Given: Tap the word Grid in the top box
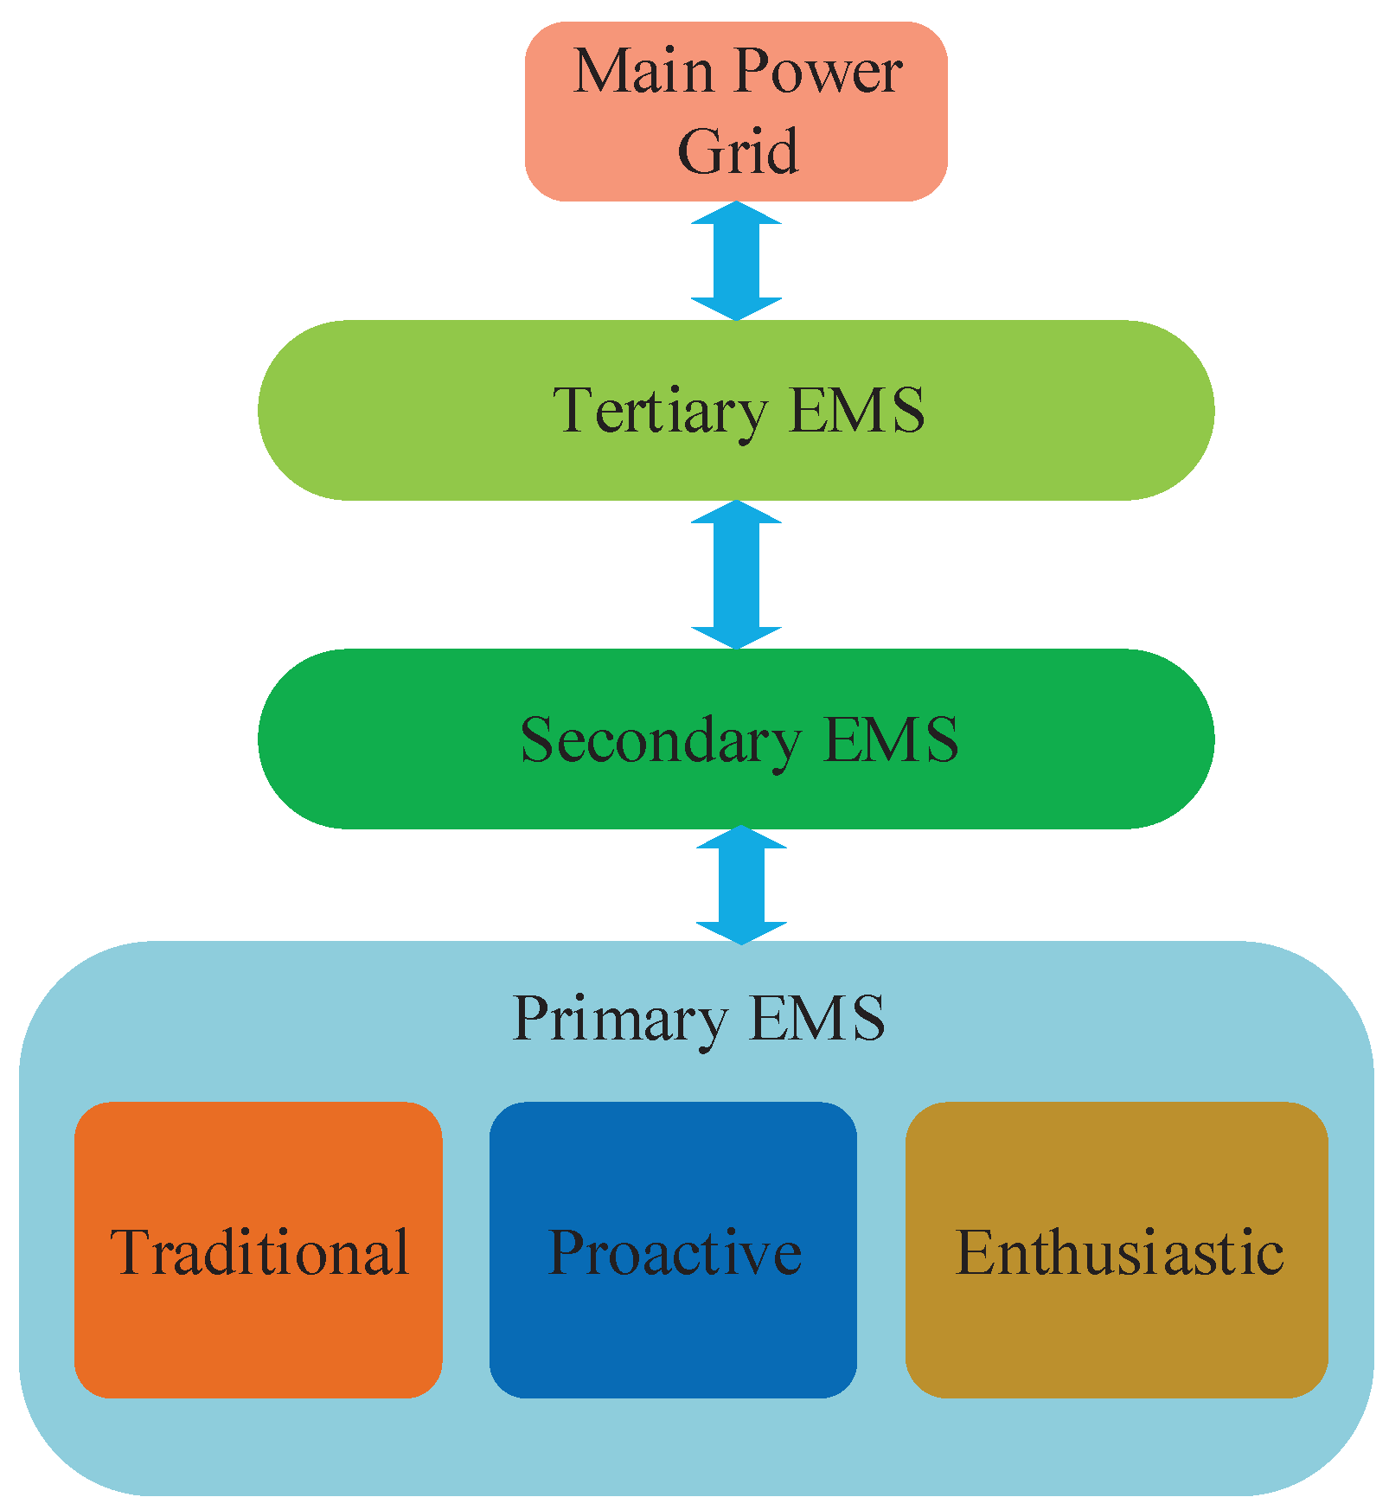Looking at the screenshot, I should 737,151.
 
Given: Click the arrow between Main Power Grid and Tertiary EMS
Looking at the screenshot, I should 736,261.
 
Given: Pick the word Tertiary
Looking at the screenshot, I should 659,411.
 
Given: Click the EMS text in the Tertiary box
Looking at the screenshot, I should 857,410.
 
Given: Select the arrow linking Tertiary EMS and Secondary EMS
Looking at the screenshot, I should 736,574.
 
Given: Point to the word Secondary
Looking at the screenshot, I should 660,740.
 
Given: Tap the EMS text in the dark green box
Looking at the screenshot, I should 891,739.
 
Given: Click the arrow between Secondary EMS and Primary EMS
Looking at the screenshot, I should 741,884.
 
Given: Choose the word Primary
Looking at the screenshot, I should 619,1019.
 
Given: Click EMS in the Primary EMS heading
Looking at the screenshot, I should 817,1018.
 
